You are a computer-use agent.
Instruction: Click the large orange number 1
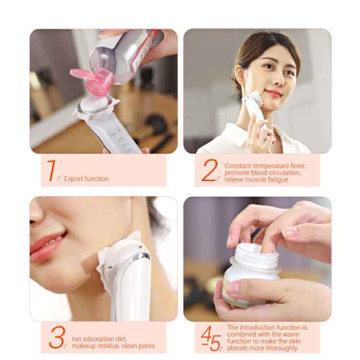51,170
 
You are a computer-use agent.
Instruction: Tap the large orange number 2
209,170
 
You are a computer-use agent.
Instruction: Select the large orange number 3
56,337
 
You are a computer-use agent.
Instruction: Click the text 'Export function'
86,179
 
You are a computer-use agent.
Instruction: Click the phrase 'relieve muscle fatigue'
256,180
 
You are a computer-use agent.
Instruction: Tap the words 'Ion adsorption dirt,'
99,339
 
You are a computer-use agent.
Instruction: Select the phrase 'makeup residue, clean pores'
113,346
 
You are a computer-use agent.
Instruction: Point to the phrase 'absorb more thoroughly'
262,348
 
